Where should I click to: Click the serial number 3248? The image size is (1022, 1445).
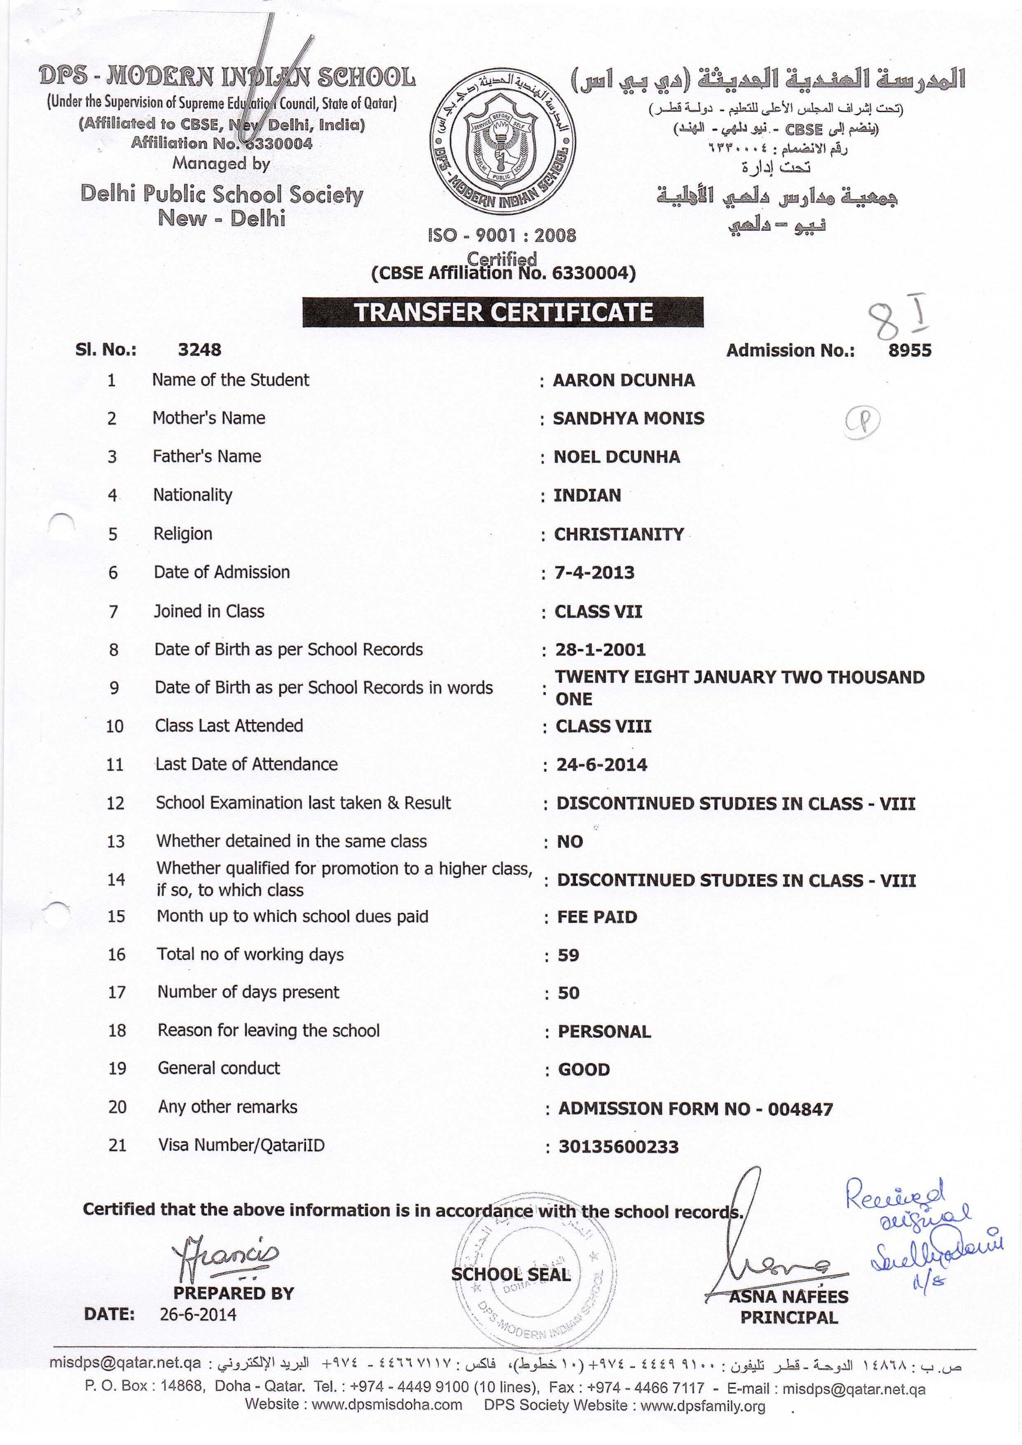coord(199,350)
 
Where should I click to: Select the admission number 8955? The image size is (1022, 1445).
coord(910,351)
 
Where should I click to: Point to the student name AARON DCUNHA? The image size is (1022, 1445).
coord(624,380)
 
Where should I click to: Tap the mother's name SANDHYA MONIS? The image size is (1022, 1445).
coord(628,419)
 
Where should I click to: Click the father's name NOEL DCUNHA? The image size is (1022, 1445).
coord(616,457)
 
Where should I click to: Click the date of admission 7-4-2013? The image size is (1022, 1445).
coord(594,573)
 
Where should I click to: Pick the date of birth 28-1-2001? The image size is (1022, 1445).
coord(600,649)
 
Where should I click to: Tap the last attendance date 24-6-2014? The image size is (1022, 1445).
coord(601,765)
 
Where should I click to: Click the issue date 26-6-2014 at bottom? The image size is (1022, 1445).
coord(198,1314)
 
